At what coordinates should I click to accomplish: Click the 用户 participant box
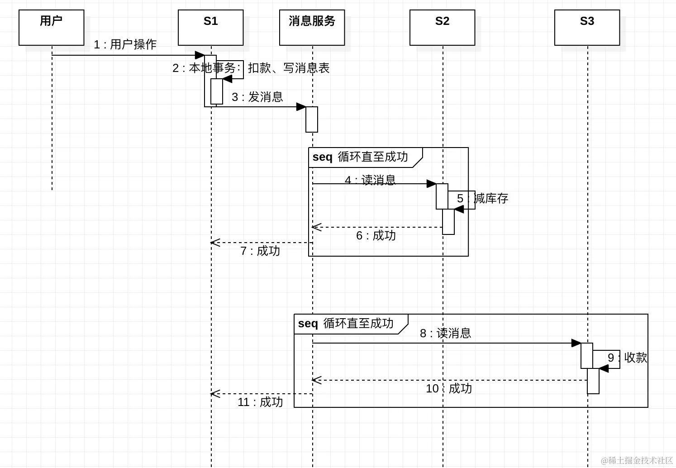[52, 28]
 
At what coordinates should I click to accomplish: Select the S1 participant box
[210, 28]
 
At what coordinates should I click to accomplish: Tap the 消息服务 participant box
[312, 28]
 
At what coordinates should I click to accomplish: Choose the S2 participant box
[442, 28]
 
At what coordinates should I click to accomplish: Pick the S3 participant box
[587, 28]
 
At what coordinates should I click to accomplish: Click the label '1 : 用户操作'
[125, 44]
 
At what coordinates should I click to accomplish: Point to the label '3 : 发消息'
[257, 97]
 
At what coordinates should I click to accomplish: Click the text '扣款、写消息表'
[288, 68]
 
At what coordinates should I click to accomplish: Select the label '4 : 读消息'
[370, 180]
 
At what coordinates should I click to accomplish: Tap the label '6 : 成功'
[376, 235]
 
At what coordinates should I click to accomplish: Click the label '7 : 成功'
[260, 251]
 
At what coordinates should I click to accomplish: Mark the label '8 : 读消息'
[445, 333]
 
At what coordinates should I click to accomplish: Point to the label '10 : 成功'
[448, 388]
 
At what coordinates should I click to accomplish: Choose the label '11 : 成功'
[260, 402]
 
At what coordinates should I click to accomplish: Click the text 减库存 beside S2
[491, 198]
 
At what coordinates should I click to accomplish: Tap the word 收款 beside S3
[635, 358]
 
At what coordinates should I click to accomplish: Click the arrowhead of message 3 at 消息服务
[301, 107]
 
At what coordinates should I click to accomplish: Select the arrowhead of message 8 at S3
[576, 343]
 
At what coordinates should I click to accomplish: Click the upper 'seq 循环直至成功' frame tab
[361, 157]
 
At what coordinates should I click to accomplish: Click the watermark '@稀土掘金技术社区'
[637, 460]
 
